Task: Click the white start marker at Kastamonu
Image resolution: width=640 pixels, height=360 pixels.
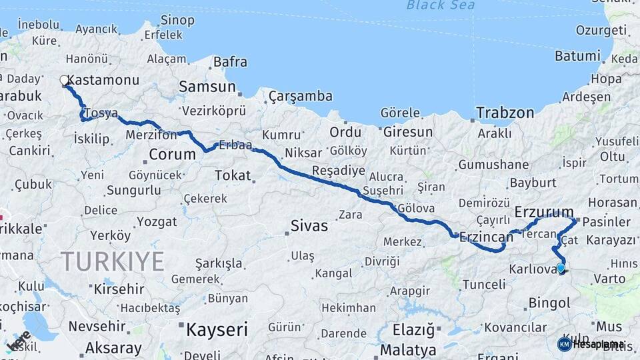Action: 65,81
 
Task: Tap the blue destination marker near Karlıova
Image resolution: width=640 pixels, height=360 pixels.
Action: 561,269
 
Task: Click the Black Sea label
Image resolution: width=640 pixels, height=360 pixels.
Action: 441,6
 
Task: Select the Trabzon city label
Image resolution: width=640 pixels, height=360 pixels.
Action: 505,112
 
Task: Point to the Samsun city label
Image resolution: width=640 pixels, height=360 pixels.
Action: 207,87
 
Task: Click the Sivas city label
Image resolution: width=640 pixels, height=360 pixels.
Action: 309,226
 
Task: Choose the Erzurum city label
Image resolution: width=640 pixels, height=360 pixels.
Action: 544,213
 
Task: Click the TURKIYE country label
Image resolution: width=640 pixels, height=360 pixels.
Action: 112,261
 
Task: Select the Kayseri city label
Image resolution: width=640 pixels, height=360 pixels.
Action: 217,329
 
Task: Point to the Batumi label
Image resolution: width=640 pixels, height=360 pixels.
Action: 579,56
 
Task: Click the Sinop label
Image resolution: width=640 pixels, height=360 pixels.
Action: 178,21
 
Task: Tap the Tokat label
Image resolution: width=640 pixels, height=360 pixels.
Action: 232,175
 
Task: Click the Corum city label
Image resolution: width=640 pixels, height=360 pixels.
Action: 172,155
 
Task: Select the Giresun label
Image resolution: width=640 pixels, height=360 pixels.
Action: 408,132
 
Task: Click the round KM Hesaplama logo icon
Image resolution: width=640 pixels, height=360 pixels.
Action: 564,344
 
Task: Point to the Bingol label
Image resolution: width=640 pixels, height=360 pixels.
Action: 549,303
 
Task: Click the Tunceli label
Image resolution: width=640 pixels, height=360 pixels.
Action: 483,285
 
